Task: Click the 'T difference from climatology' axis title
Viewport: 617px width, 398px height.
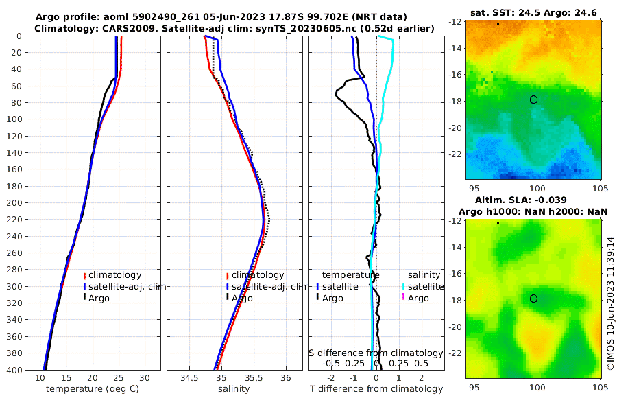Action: [376, 389]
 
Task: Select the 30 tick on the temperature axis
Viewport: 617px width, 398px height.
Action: [144, 378]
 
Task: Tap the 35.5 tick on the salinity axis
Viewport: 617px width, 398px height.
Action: [254, 378]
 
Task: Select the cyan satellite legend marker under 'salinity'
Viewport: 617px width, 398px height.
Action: [404, 287]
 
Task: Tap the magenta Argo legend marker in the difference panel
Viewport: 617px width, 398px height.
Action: [404, 298]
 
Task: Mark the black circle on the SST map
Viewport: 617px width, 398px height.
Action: [533, 99]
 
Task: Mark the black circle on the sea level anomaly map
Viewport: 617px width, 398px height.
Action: [533, 298]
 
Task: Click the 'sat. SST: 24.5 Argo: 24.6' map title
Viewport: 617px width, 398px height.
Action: [534, 13]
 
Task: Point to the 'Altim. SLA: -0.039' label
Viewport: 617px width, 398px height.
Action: [534, 200]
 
